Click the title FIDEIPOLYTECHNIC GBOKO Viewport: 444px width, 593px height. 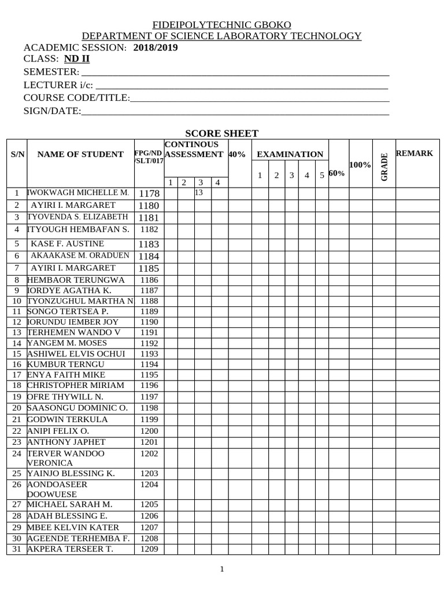pos(221,25)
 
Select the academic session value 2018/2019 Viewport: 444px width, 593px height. pos(156,47)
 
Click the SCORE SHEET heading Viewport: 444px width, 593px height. pos(221,133)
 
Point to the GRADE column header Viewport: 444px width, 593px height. pos(384,167)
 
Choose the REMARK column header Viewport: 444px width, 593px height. pos(414,153)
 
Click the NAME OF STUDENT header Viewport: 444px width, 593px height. pos(80,154)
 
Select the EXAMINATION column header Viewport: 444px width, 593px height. pos(290,154)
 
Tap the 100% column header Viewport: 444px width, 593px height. pos(360,165)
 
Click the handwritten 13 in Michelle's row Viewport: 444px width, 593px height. pos(199,192)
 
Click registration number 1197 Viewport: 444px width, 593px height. pos(149,397)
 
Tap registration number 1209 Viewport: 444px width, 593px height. pos(149,548)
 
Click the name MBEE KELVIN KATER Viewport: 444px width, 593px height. pos(73,528)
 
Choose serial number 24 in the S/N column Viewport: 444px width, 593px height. pos(16,453)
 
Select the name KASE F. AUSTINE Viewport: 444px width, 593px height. pos(67,244)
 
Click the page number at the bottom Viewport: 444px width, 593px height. pos(221,569)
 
